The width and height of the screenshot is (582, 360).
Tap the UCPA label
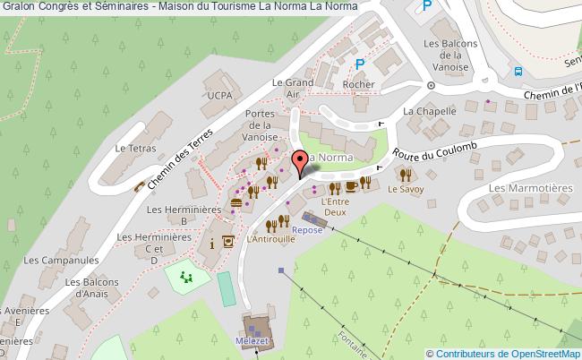click(x=218, y=94)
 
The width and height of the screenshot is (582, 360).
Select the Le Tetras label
click(x=132, y=149)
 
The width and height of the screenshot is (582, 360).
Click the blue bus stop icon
click(x=518, y=72)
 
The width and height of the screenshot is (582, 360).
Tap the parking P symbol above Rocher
click(x=360, y=64)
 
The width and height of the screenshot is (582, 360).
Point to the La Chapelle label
click(x=430, y=111)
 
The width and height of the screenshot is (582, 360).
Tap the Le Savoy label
click(x=405, y=190)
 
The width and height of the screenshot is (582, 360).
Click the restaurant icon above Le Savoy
click(x=405, y=175)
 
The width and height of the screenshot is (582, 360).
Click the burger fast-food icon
click(x=235, y=203)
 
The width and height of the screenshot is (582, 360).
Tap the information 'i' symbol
click(x=211, y=243)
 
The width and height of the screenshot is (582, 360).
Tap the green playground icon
click(x=186, y=278)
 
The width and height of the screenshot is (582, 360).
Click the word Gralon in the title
click(x=21, y=6)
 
